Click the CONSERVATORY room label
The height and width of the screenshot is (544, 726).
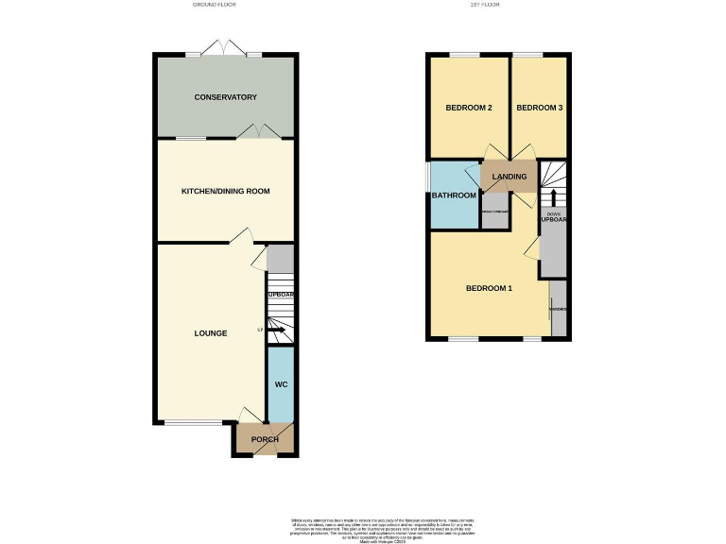(x=225, y=97)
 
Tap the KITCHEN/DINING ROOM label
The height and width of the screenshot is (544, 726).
(x=225, y=191)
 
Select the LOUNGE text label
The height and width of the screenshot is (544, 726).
(x=210, y=332)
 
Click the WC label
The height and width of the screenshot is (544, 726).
(x=281, y=385)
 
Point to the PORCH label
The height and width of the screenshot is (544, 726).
(x=264, y=440)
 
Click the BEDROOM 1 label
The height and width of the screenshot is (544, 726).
(x=489, y=288)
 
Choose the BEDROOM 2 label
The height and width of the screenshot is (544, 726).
(x=469, y=108)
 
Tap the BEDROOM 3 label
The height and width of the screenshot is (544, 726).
(x=540, y=108)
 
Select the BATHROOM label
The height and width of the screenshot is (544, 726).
(x=454, y=195)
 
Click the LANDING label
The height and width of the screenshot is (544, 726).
(x=510, y=176)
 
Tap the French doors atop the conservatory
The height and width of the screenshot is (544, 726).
(x=225, y=49)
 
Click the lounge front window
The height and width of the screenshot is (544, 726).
(x=195, y=422)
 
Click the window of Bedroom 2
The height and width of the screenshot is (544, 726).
(x=464, y=56)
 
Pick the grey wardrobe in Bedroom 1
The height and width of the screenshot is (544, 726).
(x=558, y=308)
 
